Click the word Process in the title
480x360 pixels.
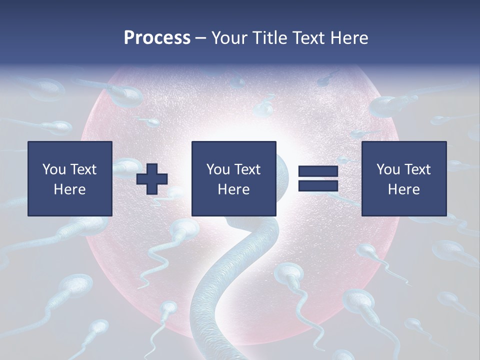tap(157, 38)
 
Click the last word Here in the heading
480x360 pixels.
tap(348, 38)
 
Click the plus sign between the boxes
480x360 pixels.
tap(152, 179)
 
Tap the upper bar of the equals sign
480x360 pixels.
tap(318, 171)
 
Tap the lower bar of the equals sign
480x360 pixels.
tap(318, 186)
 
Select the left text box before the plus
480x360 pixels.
tap(70, 178)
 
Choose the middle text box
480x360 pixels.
tap(234, 178)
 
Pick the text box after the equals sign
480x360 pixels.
tap(404, 178)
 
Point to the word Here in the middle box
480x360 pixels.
tap(234, 189)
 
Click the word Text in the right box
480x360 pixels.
tap(418, 169)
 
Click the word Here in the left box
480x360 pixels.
tap(70, 189)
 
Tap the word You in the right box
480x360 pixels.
tap(388, 169)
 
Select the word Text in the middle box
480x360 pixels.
tap(248, 169)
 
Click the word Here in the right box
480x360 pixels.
tap(404, 189)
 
